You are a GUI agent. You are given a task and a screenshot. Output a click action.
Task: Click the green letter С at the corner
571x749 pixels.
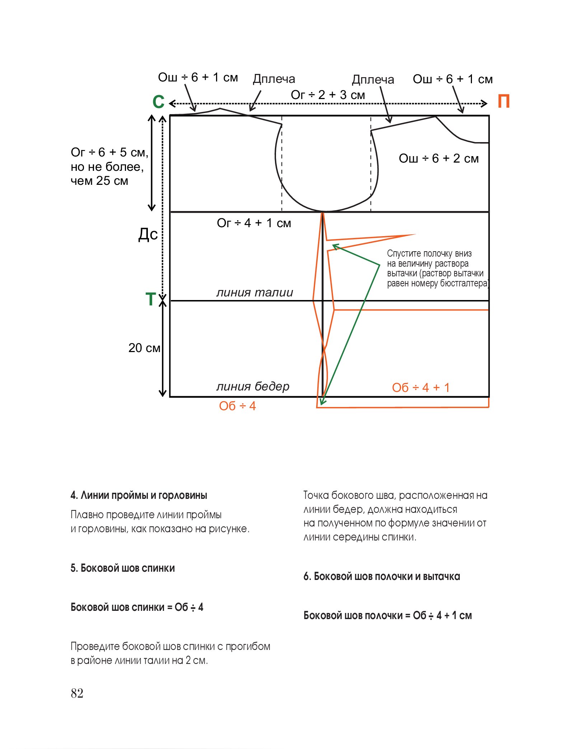pyautogui.click(x=159, y=102)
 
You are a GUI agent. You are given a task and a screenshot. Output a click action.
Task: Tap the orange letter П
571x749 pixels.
pyautogui.click(x=504, y=102)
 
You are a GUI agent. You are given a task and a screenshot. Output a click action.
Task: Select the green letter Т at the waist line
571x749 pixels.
pyautogui.click(x=151, y=299)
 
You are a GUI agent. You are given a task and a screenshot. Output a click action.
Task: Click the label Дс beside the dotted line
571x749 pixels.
pyautogui.click(x=148, y=234)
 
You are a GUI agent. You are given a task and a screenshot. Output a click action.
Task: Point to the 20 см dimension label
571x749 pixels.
pyautogui.click(x=144, y=348)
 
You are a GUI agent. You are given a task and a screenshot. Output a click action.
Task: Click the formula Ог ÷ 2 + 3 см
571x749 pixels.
pyautogui.click(x=328, y=95)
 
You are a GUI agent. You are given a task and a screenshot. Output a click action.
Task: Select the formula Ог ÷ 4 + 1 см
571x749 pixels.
pyautogui.click(x=254, y=223)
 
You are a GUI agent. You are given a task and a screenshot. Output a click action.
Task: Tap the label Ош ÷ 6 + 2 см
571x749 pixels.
pyautogui.click(x=439, y=158)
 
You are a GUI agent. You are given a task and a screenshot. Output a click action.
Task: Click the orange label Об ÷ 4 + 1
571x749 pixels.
pyautogui.click(x=421, y=388)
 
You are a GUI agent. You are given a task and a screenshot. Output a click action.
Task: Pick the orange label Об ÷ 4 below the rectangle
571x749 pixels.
pyautogui.click(x=237, y=406)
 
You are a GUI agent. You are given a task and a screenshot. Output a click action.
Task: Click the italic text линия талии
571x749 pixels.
pyautogui.click(x=254, y=292)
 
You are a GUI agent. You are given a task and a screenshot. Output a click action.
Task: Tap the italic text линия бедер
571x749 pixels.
pyautogui.click(x=253, y=386)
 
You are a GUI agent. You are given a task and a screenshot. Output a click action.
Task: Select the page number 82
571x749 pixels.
pyautogui.click(x=77, y=693)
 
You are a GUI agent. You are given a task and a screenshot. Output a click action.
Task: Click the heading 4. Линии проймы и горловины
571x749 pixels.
pyautogui.click(x=139, y=495)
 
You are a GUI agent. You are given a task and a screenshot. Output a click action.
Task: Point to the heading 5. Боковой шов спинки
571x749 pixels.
pyautogui.click(x=123, y=568)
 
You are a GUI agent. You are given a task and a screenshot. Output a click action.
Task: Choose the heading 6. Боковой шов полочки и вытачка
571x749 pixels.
pyautogui.click(x=382, y=576)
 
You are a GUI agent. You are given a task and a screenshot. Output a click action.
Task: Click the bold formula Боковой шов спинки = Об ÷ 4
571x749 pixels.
pyautogui.click(x=137, y=607)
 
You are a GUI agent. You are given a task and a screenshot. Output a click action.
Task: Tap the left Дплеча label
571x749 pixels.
pyautogui.click(x=274, y=79)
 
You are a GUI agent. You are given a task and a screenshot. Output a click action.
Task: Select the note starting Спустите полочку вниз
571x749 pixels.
pyautogui.click(x=437, y=268)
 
